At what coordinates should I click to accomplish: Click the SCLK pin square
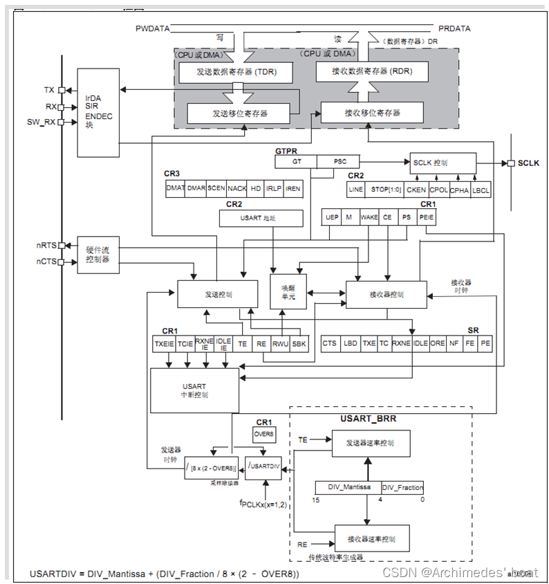pos(511,163)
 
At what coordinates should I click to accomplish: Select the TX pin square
pos(62,90)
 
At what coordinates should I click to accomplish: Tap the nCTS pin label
pos(46,262)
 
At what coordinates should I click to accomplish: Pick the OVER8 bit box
pos(264,435)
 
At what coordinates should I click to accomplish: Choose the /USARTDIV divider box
pos(264,467)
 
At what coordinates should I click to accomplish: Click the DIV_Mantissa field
pos(348,488)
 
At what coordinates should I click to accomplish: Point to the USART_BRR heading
pos(368,418)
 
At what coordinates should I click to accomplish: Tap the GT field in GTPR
pos(296,161)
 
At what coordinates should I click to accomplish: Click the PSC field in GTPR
pos(340,161)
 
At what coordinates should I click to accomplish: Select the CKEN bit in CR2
pos(416,190)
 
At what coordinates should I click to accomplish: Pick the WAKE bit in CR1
pos(369,217)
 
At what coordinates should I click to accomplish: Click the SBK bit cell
pos(299,343)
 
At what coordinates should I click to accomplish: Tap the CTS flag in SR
pos(330,343)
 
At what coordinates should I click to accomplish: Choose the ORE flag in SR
pos(437,343)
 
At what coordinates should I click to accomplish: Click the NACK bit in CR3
pos(237,188)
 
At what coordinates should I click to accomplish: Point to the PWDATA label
pos(151,28)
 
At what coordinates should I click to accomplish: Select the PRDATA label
pos(454,28)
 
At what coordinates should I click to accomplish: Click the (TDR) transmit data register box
pos(235,72)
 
